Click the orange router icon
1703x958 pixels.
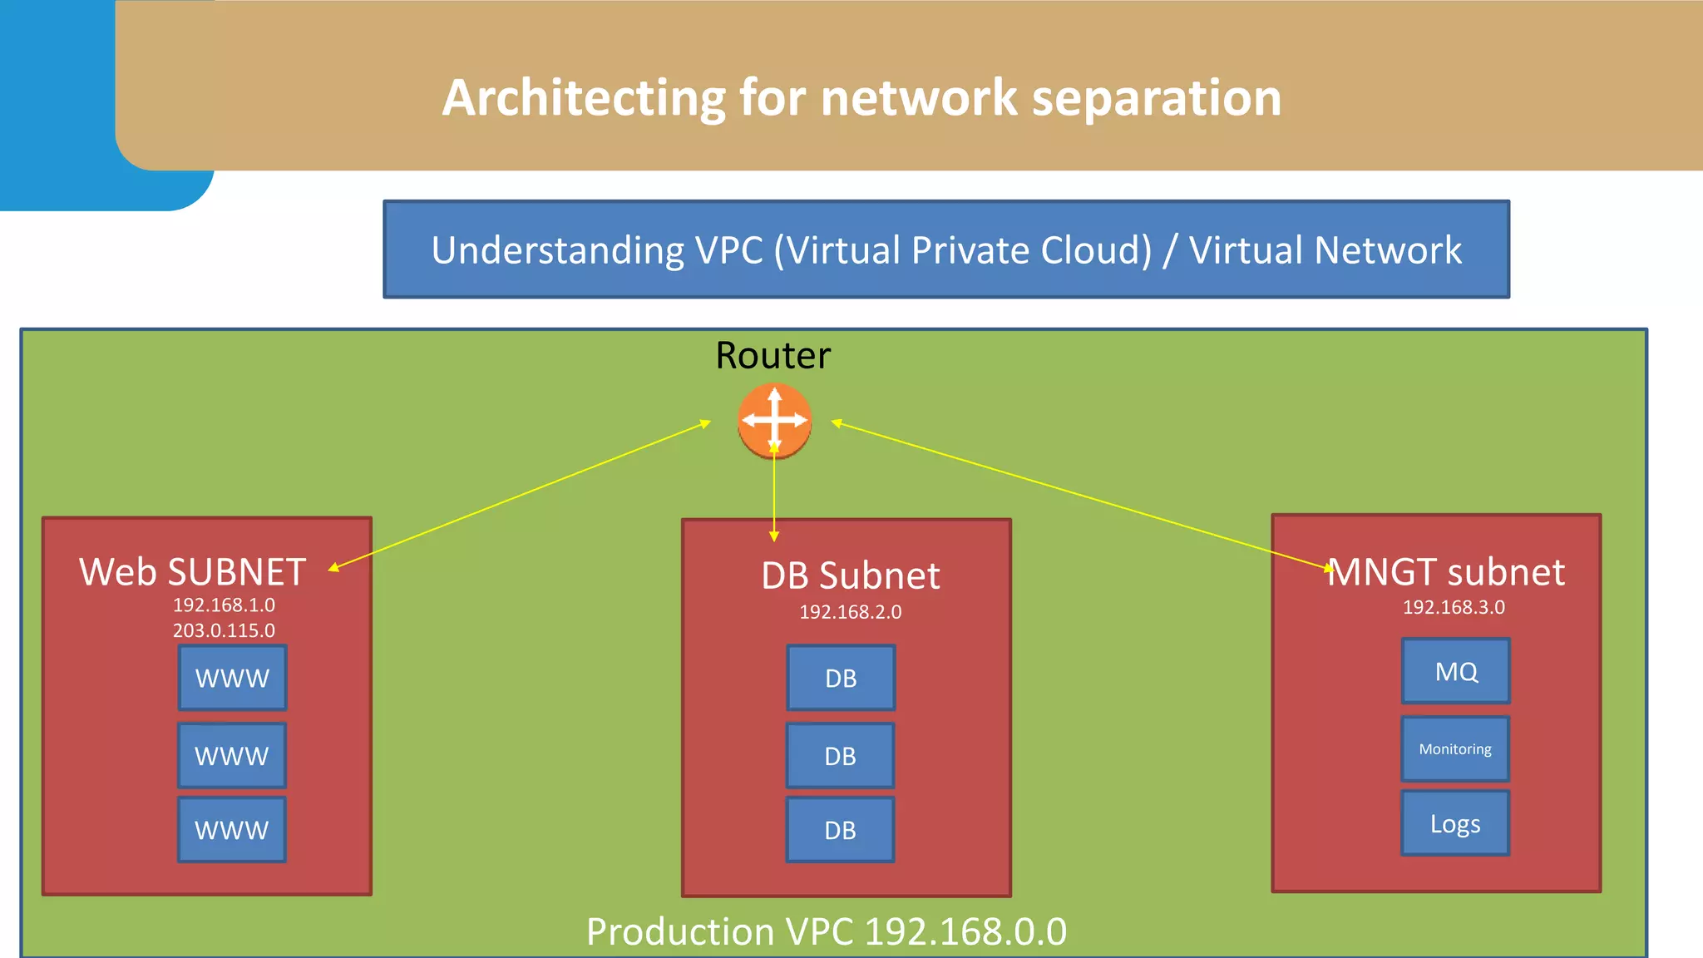click(774, 421)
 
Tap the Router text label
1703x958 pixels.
click(773, 356)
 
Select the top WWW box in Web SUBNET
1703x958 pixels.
click(232, 678)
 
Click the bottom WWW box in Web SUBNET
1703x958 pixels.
click(231, 830)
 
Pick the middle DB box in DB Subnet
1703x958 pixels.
click(840, 756)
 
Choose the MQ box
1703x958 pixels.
click(1455, 671)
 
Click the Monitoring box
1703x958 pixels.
click(1454, 749)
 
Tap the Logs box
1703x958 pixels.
click(1454, 823)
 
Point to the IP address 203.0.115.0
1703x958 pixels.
click(224, 630)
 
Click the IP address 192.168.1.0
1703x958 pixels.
click(224, 605)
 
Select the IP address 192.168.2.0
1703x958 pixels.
click(850, 612)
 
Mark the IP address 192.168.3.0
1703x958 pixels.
click(1454, 607)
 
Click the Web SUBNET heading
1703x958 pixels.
click(192, 572)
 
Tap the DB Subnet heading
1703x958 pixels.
click(850, 575)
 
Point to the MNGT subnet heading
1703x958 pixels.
click(1446, 572)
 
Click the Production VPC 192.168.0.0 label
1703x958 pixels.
click(826, 931)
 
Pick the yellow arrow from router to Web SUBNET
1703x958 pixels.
click(520, 495)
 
